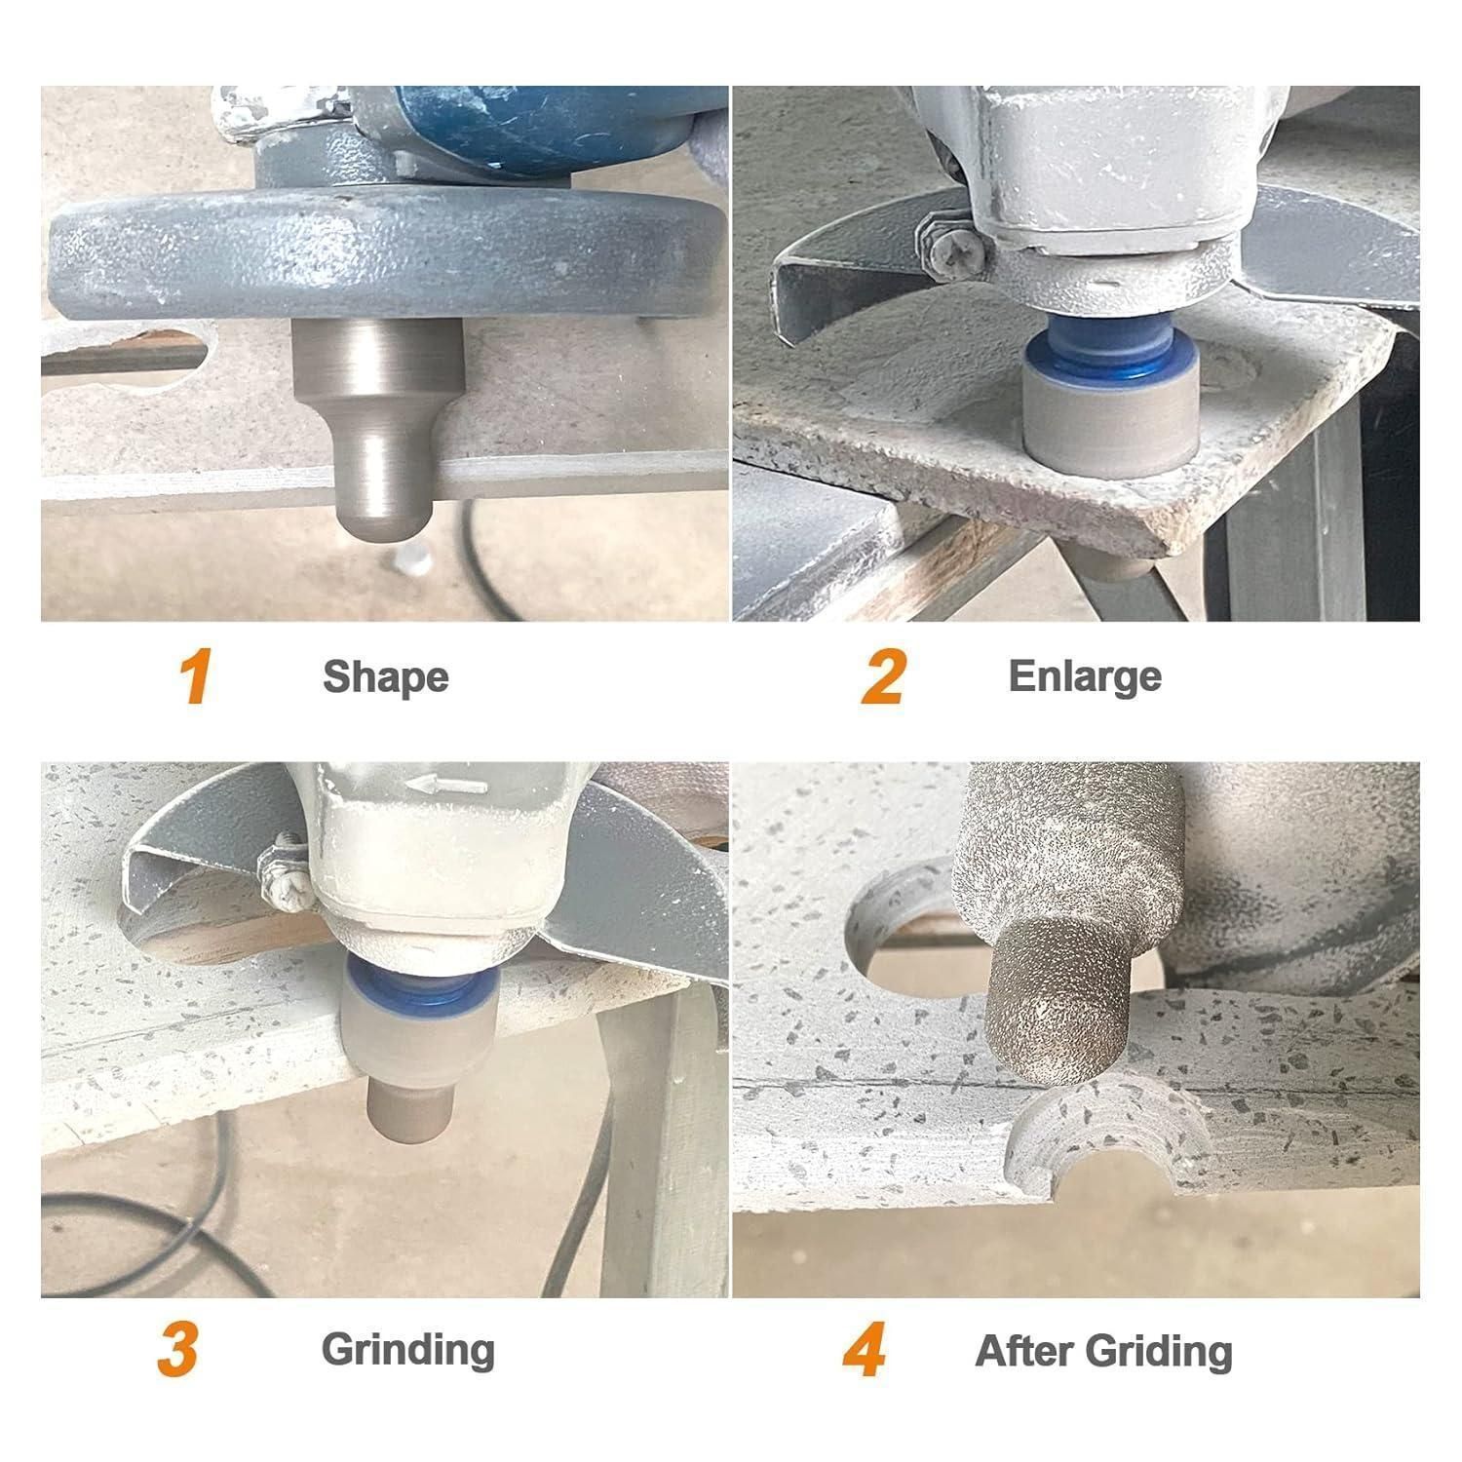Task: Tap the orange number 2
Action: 883,676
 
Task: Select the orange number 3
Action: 178,1349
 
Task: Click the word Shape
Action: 385,677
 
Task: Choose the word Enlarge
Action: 1085,677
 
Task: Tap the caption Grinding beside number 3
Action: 408,1351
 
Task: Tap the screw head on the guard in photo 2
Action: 949,254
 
